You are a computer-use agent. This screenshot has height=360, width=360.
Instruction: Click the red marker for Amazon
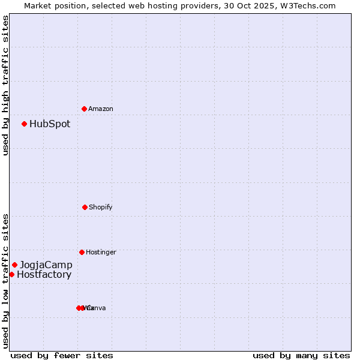[84, 109]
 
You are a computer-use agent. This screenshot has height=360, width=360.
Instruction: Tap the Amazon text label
[101, 109]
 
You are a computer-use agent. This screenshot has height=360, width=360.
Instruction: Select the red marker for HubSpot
[25, 124]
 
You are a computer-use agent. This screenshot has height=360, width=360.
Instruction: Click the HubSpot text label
[50, 124]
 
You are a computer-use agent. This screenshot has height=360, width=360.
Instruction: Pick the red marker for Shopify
[85, 207]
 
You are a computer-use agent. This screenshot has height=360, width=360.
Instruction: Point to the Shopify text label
[101, 208]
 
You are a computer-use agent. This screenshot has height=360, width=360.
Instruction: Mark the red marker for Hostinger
[82, 252]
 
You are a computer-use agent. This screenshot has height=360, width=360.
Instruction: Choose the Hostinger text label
[101, 253]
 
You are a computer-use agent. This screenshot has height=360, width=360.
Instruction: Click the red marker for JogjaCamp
[15, 265]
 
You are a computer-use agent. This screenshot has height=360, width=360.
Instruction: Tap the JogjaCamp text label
[46, 265]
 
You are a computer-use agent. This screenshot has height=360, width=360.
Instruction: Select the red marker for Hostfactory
[11, 274]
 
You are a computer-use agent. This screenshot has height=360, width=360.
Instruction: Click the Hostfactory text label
[44, 275]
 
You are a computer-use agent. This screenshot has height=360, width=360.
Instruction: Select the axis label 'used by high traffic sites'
[5, 85]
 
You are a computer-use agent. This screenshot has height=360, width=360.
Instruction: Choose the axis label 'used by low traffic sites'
[5, 281]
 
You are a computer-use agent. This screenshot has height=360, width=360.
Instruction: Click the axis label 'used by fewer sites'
[62, 356]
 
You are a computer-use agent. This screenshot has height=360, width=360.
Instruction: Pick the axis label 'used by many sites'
[301, 356]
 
